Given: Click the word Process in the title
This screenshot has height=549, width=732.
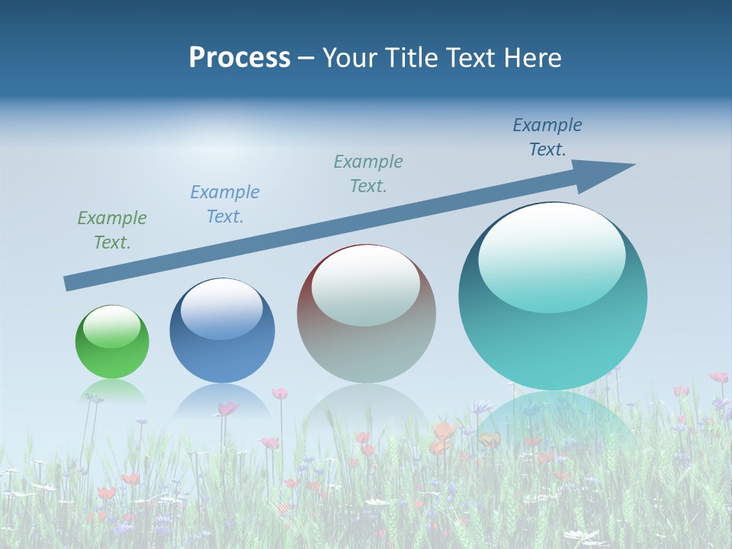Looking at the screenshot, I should (x=239, y=58).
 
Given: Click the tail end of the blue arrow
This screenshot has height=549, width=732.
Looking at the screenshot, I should (x=69, y=283).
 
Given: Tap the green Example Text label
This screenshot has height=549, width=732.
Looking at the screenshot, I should (x=112, y=230).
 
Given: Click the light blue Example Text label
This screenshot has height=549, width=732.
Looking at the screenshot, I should (x=225, y=204).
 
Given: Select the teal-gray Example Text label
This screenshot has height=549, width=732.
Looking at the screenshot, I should (x=368, y=174).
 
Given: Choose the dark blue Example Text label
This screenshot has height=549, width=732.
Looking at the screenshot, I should (x=547, y=137).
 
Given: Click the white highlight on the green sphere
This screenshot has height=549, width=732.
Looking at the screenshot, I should (x=111, y=326).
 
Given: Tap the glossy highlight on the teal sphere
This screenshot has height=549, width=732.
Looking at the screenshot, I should (x=551, y=258).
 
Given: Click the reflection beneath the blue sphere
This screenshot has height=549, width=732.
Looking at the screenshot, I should (x=222, y=400).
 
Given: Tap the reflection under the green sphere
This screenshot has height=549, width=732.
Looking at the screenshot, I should (x=113, y=390).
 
